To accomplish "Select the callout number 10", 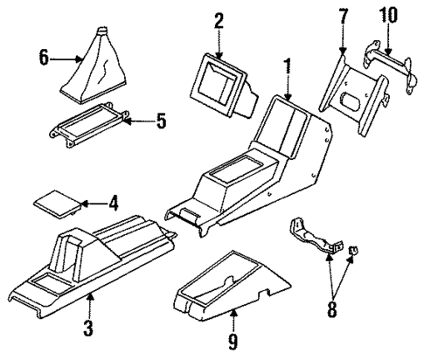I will pos(386,15).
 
